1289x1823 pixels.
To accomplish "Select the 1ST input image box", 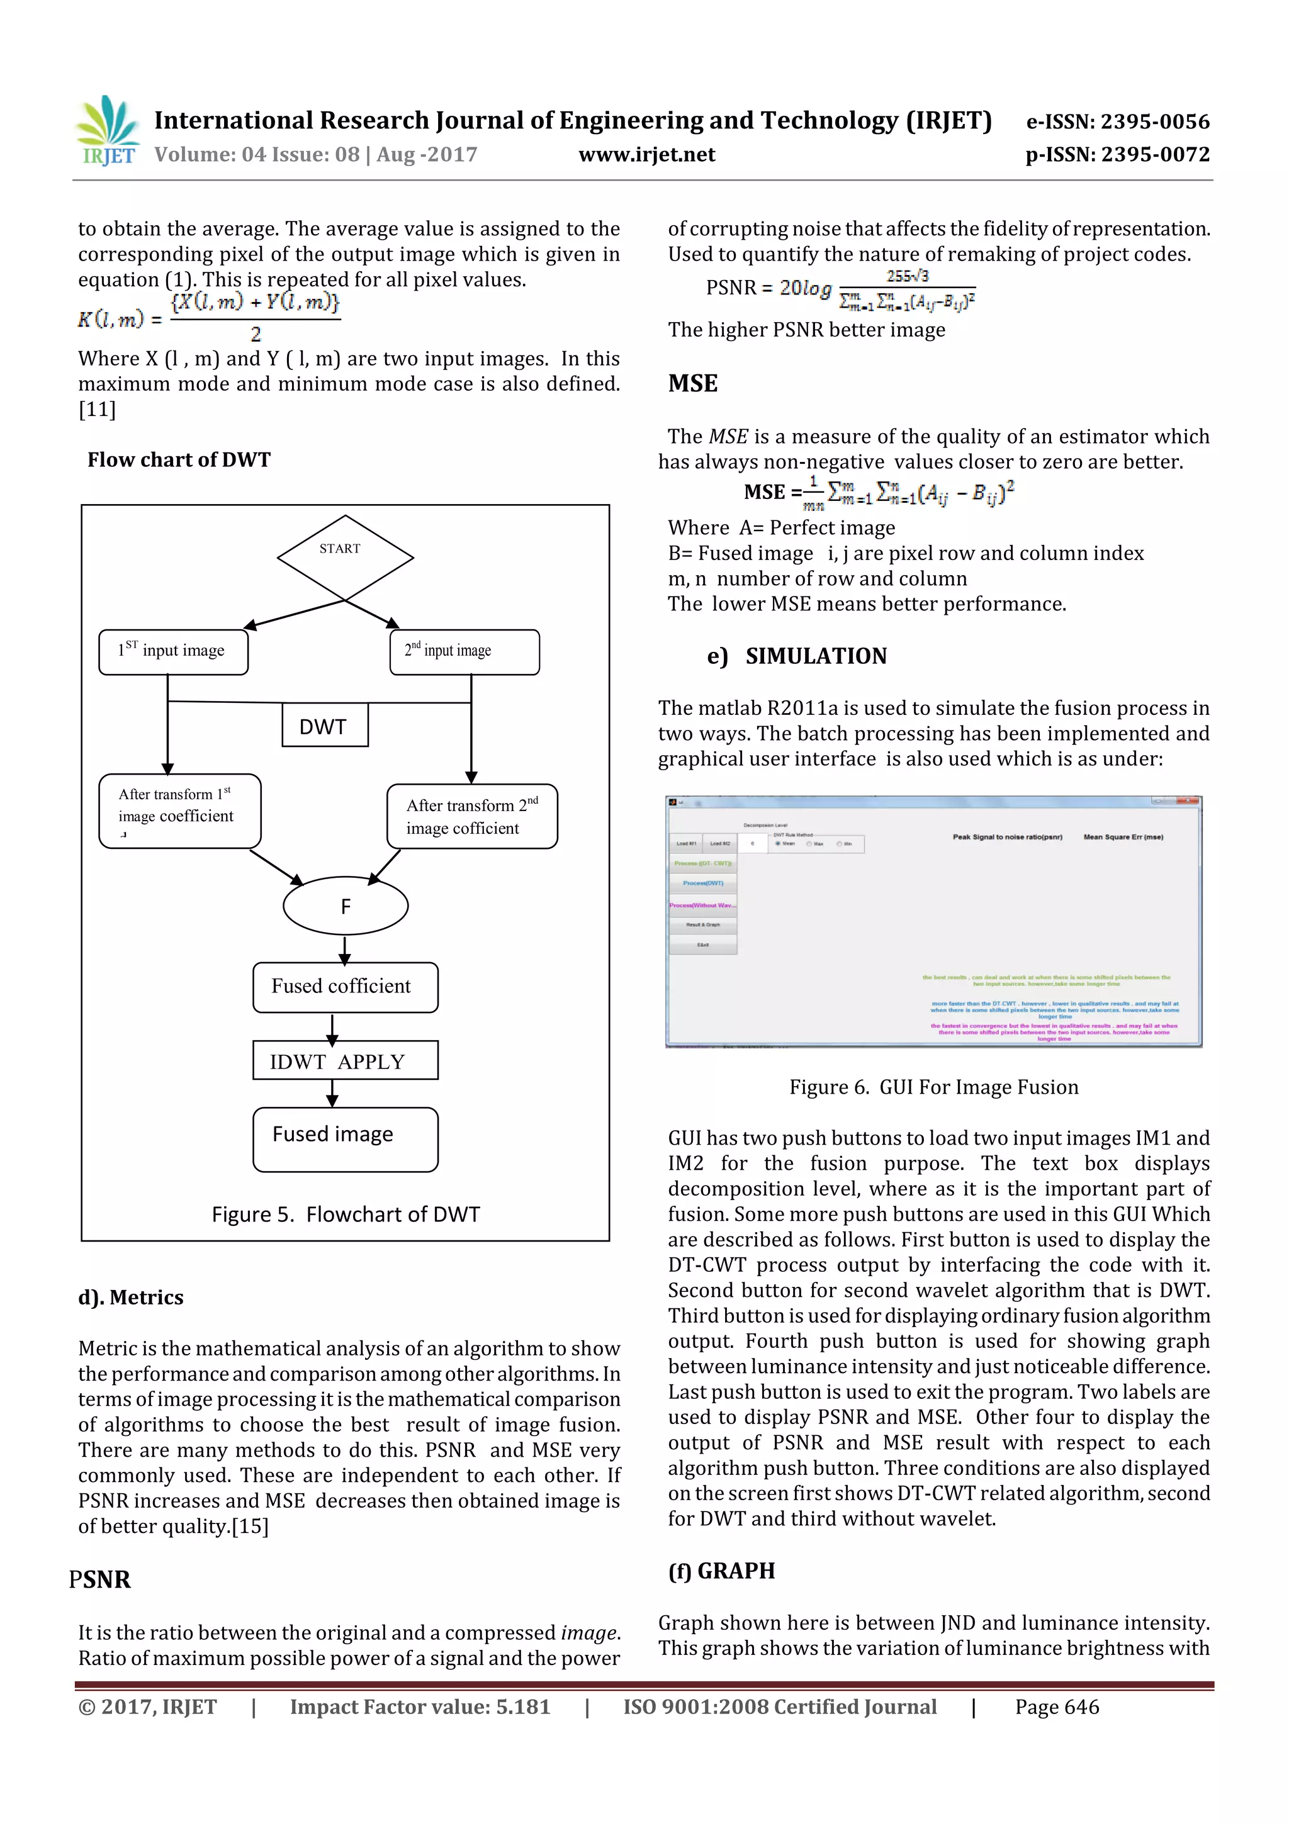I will [x=173, y=652].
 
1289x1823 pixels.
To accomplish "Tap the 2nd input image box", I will [x=464, y=652].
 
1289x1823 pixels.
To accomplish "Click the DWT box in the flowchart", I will [x=324, y=726].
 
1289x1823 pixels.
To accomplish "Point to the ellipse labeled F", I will [x=346, y=906].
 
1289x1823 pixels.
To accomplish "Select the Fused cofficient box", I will [x=345, y=987].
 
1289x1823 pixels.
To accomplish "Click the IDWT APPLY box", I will [x=345, y=1061].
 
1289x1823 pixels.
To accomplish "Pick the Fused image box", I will [x=345, y=1138].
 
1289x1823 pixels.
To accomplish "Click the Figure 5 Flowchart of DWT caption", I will [x=346, y=1214].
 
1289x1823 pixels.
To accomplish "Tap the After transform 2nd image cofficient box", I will [x=472, y=816].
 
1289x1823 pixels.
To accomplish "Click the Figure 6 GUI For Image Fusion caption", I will [x=933, y=1087].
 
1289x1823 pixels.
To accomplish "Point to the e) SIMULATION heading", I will [x=797, y=656].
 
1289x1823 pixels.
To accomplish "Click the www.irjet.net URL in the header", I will [x=646, y=155].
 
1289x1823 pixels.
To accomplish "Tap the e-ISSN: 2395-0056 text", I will [x=1117, y=121].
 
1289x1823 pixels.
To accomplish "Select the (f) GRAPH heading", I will [x=721, y=1571].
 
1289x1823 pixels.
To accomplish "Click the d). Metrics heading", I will [x=131, y=1298].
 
